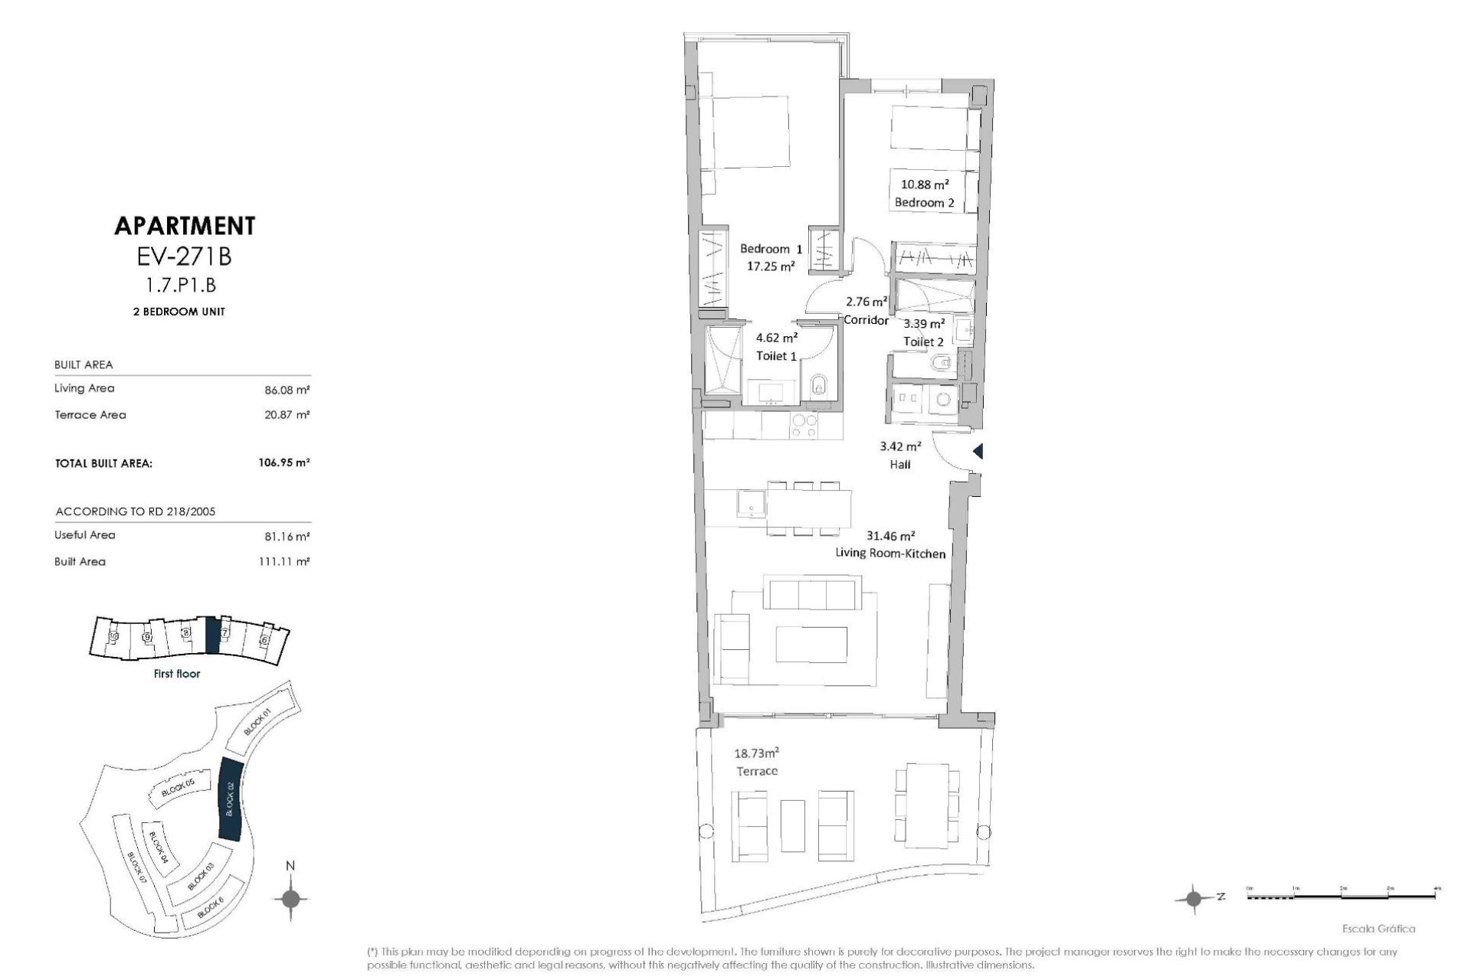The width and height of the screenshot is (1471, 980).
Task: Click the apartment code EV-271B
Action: point(184,256)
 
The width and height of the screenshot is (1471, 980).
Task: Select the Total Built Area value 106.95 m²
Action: point(284,463)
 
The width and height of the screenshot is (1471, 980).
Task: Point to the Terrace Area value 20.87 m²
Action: point(287,415)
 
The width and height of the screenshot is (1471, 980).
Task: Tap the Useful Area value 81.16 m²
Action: point(287,536)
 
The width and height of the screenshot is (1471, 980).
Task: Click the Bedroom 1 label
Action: point(771,249)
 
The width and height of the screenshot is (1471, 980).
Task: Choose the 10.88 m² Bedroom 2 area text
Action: point(925,185)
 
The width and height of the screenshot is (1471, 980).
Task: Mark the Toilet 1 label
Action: point(776,356)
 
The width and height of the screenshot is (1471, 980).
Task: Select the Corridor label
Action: point(867,321)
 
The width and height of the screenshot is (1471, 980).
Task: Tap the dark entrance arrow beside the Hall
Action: point(978,452)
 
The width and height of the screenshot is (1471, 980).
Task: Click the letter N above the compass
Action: point(290,866)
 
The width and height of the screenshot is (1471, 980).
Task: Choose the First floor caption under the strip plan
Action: point(177,674)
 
